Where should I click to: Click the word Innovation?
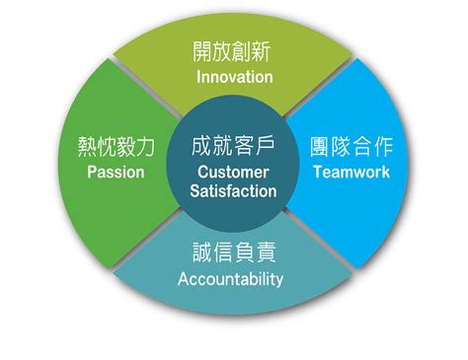click(234, 76)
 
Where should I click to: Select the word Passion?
click(116, 172)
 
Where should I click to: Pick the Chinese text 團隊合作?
click(352, 147)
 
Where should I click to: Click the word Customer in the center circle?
click(233, 173)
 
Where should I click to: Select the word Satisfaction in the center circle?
click(233, 191)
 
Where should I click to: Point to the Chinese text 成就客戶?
click(233, 148)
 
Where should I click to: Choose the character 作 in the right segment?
click(383, 147)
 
